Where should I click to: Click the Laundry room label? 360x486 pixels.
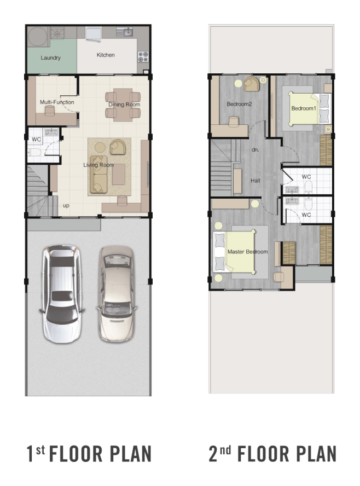click(50, 57)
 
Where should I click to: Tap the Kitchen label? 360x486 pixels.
click(106, 55)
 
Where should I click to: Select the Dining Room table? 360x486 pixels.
click(123, 105)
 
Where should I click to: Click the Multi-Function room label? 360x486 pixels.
click(57, 102)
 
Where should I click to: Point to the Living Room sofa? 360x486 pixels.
click(98, 175)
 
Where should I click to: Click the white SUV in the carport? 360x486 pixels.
click(61, 293)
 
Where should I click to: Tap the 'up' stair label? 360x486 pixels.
click(66, 205)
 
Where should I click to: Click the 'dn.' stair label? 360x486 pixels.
click(256, 150)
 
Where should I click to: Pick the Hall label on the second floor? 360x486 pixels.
click(256, 181)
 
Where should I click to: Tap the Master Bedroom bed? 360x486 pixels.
click(235, 252)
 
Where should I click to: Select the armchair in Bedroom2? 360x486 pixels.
click(251, 84)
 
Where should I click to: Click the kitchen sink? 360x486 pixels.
click(125, 32)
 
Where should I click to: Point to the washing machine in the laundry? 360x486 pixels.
click(38, 37)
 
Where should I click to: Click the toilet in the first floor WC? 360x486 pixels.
click(34, 153)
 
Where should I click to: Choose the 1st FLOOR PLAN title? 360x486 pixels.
click(89, 454)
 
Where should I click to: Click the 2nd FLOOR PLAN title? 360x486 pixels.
click(272, 454)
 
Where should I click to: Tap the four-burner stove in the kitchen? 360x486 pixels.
click(143, 57)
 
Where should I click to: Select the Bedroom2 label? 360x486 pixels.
click(239, 104)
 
